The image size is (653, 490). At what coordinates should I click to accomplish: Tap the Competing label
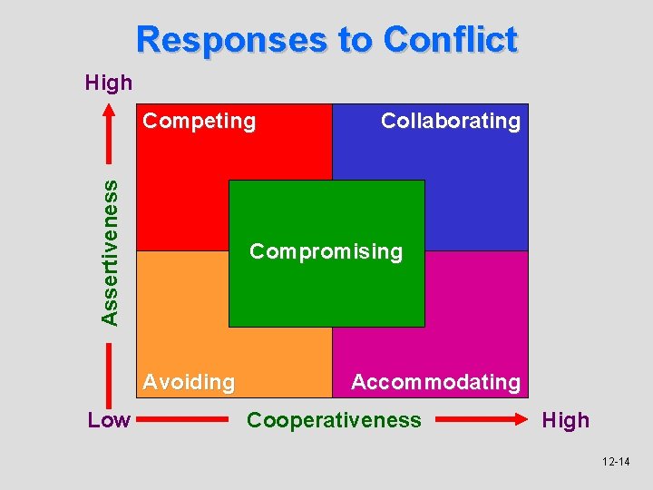point(200,121)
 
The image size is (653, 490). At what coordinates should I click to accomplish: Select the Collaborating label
point(451,121)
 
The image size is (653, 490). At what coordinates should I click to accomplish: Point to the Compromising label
point(326,251)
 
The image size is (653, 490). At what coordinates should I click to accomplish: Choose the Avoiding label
point(189,382)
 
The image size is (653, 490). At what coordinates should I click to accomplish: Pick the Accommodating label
point(435,382)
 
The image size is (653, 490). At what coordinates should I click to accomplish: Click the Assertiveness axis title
point(110,252)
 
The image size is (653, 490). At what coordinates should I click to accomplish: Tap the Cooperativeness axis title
point(334,420)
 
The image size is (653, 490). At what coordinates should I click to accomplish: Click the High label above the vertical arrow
point(109,83)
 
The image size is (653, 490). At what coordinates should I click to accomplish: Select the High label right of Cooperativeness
point(565,420)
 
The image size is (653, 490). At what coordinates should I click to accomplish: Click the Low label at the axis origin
point(109,420)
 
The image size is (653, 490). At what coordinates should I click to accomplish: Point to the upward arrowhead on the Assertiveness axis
point(110,110)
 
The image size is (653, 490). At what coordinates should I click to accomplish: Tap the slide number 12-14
point(616,462)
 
